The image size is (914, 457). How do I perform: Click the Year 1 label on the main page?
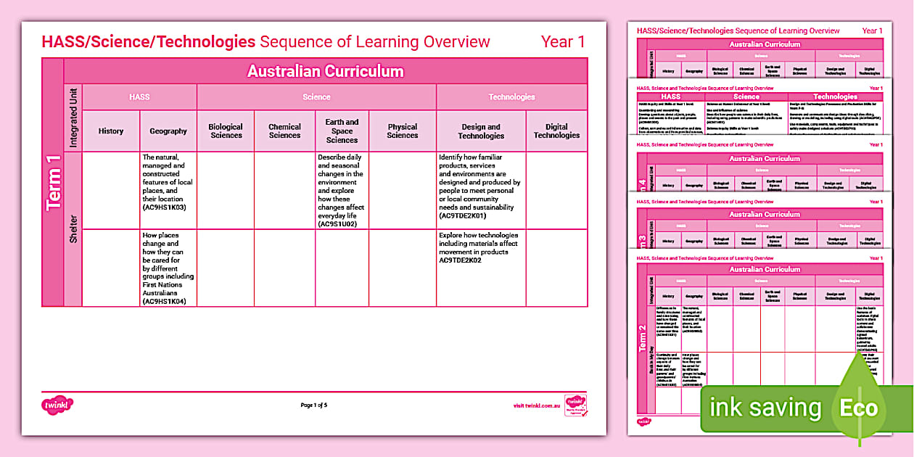[563, 42]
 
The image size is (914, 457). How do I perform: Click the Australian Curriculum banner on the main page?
[325, 71]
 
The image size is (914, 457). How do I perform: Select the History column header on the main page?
[111, 131]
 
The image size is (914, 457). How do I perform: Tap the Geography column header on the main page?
[168, 131]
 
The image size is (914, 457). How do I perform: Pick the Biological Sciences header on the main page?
[226, 131]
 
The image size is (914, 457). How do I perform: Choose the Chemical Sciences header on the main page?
[284, 131]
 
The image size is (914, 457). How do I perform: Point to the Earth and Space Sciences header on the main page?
[342, 131]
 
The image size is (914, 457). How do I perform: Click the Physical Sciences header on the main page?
[403, 131]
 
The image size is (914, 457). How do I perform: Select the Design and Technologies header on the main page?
[481, 131]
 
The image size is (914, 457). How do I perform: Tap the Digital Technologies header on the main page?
[556, 131]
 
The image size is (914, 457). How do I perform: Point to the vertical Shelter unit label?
[73, 228]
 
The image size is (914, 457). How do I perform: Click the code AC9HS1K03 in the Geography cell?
[164, 207]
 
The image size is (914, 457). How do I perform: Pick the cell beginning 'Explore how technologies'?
[478, 247]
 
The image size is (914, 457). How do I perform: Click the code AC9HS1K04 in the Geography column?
[164, 301]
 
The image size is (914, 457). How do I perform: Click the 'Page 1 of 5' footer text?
[314, 405]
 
